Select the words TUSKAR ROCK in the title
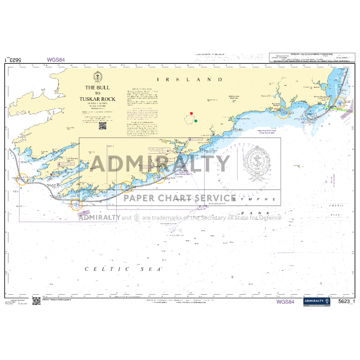coord(98,99)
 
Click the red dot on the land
coord(191,113)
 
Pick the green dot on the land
coord(196,121)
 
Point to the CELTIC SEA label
coord(123,268)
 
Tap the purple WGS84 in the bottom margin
coord(285,302)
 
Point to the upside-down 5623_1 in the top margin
coord(12,60)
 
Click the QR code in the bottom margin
coord(36,301)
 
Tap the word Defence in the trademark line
coord(268,218)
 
